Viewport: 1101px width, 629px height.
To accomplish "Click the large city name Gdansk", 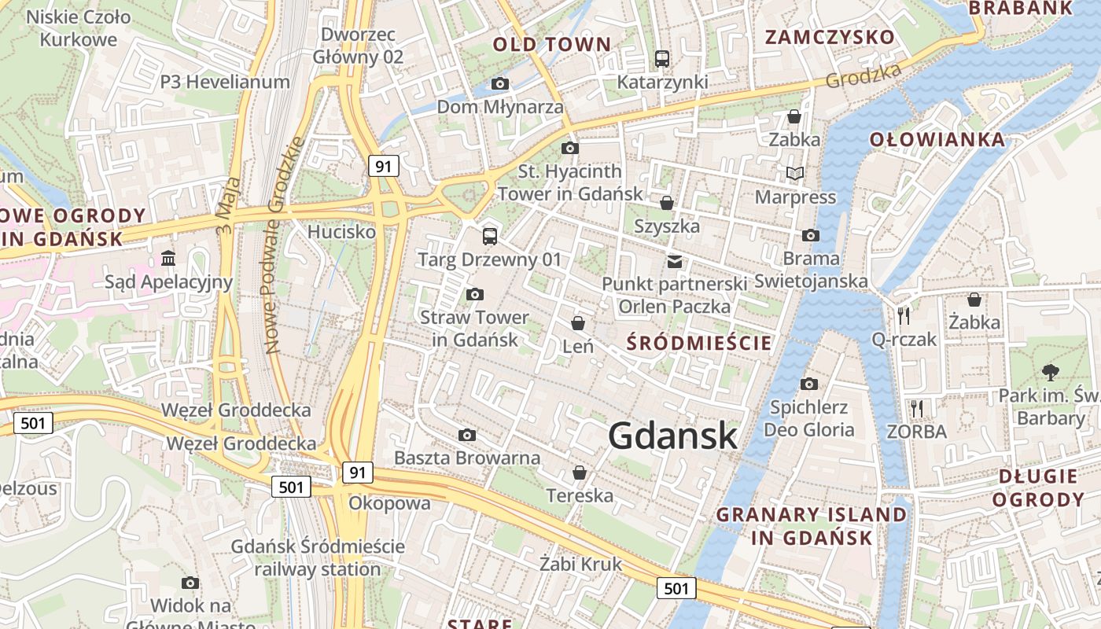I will point(672,436).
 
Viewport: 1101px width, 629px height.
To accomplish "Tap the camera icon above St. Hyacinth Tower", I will point(570,148).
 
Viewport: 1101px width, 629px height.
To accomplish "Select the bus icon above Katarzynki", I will point(662,58).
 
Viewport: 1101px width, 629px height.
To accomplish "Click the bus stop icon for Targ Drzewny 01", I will point(489,235).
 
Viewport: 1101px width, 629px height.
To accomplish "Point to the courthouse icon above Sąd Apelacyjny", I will point(168,258).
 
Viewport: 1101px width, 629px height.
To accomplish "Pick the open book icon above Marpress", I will point(795,173).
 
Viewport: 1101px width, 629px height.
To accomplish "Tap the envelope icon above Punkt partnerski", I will point(674,261).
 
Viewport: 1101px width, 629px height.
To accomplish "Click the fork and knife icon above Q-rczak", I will point(904,316).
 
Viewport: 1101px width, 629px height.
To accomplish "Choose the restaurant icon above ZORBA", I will point(916,408).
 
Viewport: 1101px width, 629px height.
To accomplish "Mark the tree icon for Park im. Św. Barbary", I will point(1050,372).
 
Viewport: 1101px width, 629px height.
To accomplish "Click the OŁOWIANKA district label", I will point(937,140).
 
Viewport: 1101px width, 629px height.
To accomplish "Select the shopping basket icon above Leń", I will point(578,323).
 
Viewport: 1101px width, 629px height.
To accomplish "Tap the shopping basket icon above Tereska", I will point(580,472).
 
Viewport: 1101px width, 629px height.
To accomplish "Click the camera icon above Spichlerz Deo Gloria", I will point(808,384).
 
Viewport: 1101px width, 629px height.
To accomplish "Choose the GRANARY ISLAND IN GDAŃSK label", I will point(811,526).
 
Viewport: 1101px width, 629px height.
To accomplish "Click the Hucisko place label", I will point(341,232).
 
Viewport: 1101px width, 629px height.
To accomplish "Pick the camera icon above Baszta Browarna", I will point(467,435).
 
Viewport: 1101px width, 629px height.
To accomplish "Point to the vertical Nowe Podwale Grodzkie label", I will point(284,245).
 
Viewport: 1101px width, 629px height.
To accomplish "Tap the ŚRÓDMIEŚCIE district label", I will point(699,343).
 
